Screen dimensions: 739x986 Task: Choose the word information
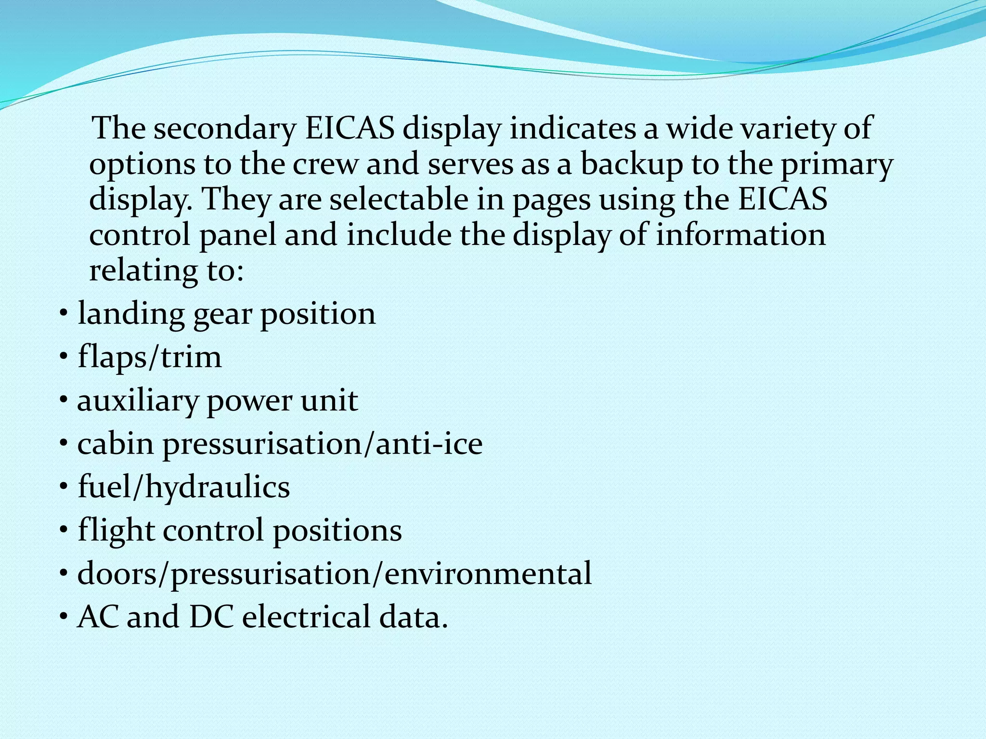pos(741,235)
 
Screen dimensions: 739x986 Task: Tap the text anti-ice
pos(429,444)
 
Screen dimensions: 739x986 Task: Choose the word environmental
pos(488,573)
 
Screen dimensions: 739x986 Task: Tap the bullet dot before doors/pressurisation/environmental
pos(64,573)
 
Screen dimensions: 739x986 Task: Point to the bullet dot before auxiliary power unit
pos(64,400)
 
